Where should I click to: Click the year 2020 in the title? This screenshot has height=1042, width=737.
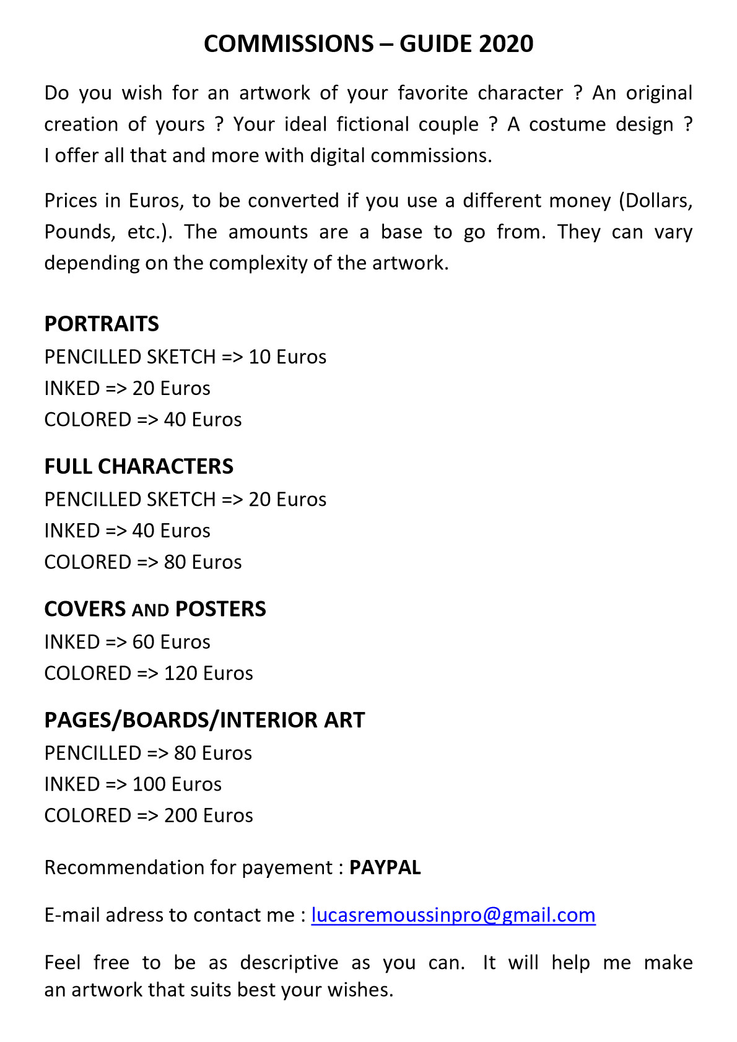[x=506, y=44]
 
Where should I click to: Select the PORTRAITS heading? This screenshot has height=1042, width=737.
[x=102, y=324]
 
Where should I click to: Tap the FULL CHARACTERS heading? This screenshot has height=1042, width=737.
[x=139, y=466]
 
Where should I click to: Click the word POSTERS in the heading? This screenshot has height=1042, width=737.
[x=220, y=609]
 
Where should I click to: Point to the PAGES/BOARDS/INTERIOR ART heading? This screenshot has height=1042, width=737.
[x=204, y=720]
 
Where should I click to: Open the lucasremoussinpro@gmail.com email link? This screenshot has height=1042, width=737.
[x=453, y=915]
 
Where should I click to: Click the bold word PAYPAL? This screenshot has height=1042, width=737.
[x=385, y=867]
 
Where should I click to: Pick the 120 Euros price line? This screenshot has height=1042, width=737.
[x=149, y=673]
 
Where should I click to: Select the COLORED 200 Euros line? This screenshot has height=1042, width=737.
[x=149, y=815]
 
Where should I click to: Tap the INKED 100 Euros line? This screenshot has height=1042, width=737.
[x=133, y=784]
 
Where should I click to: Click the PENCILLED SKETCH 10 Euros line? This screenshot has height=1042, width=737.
[x=185, y=357]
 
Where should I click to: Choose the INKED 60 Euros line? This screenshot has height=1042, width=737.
[x=127, y=642]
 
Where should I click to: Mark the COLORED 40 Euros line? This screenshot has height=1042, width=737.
[x=143, y=420]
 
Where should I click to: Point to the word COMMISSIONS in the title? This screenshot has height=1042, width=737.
[x=289, y=44]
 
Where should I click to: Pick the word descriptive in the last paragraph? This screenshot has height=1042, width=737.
[x=289, y=963]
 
